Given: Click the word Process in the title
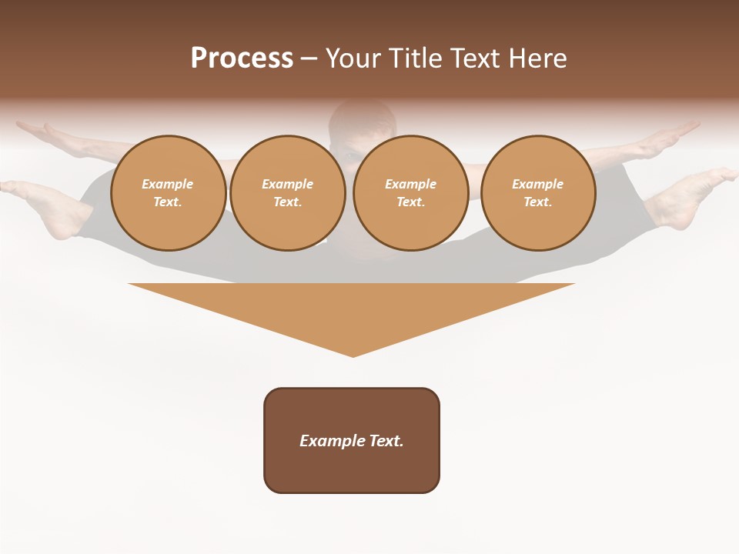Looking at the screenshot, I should tap(242, 58).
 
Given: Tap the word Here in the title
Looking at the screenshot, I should tap(537, 58).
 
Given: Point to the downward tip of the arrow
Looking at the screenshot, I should tap(353, 353).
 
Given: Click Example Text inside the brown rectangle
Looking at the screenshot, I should tap(352, 441).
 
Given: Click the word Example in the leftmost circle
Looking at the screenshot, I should tap(168, 184).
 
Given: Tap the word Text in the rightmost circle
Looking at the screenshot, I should tap(537, 202).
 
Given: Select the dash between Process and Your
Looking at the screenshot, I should tap(309, 58).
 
